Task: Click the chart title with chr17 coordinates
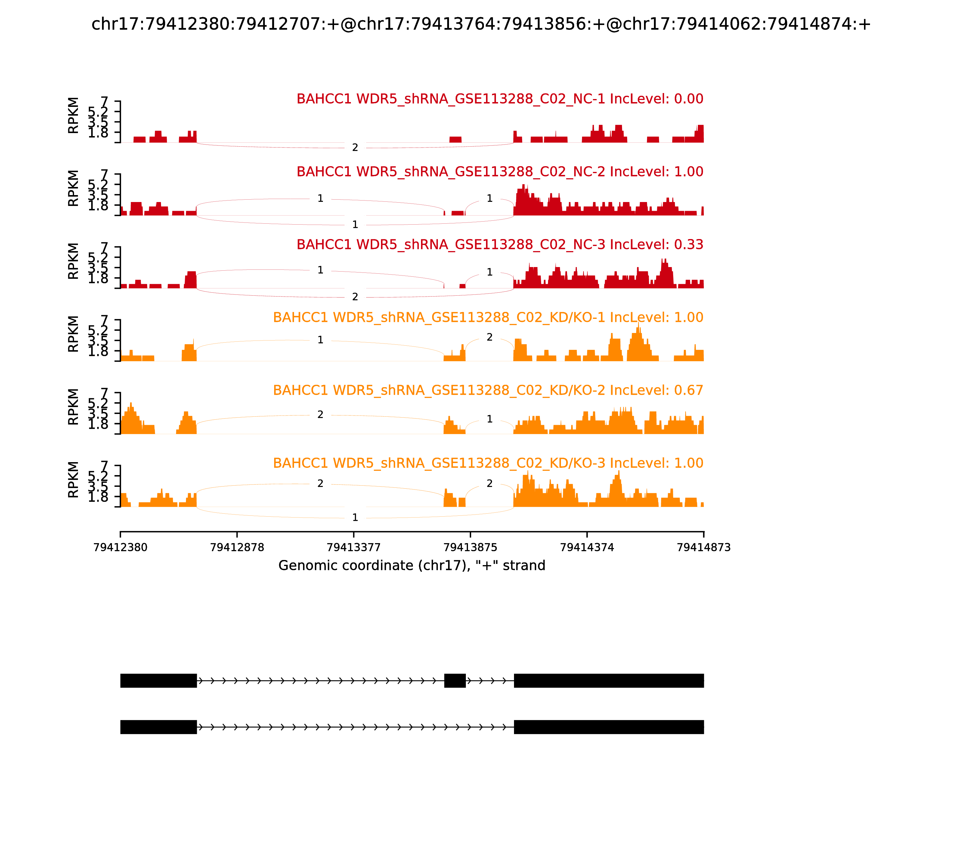(481, 24)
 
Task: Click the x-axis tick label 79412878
(237, 547)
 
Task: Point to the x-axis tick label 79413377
(354, 547)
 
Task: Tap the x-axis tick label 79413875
(470, 547)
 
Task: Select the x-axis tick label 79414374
(587, 547)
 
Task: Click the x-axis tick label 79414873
(704, 547)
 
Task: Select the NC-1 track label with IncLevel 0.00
(500, 99)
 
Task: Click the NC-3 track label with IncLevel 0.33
(500, 244)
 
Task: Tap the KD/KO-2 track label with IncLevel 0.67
(488, 390)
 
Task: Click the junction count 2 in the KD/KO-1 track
(490, 337)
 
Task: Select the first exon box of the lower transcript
(159, 727)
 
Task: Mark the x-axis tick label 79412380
(120, 547)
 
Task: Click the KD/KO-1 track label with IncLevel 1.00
(488, 318)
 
